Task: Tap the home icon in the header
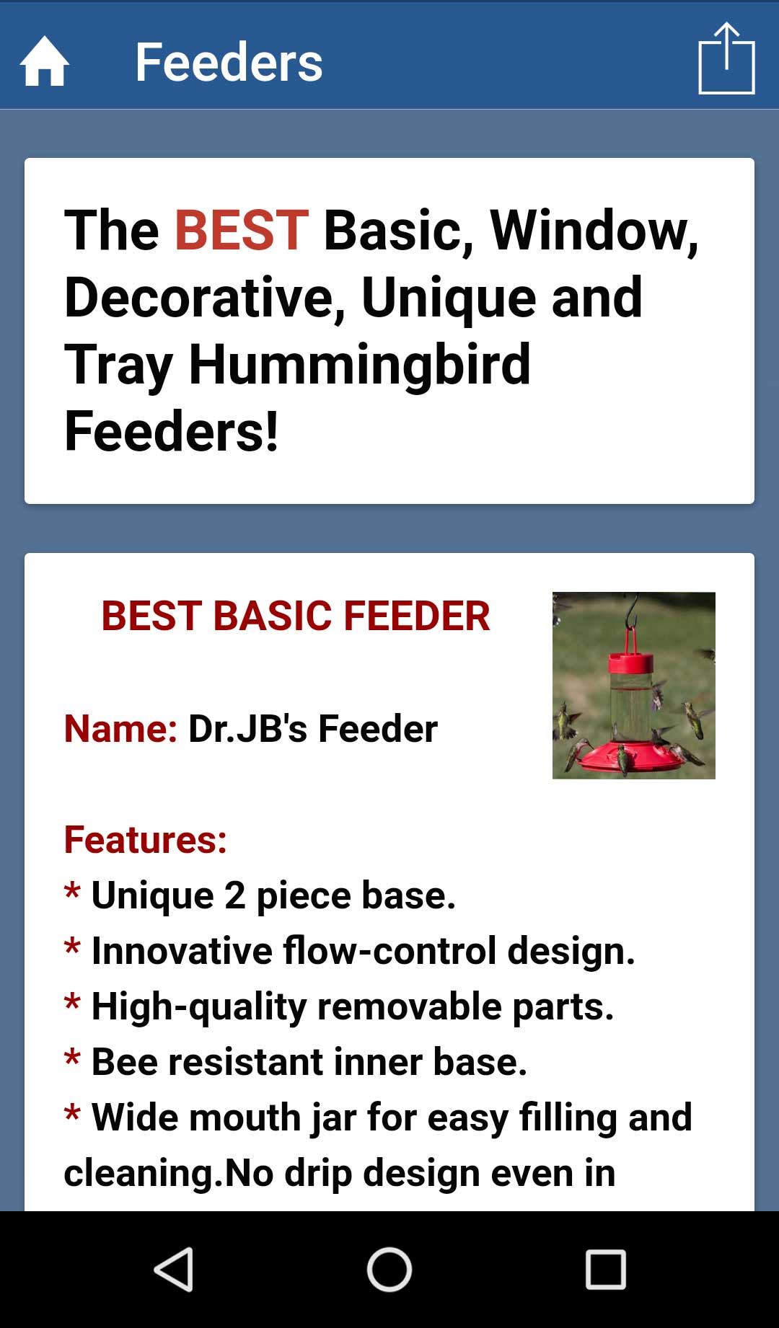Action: point(45,61)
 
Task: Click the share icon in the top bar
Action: point(726,58)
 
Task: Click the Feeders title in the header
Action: point(229,62)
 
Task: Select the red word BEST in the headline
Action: point(242,230)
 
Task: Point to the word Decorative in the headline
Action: point(205,298)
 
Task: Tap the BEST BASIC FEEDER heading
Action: point(296,616)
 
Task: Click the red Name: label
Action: point(120,728)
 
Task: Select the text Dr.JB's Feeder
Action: point(313,728)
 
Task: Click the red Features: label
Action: point(146,840)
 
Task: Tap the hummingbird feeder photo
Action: point(634,686)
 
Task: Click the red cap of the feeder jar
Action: point(630,662)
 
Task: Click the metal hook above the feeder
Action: point(633,611)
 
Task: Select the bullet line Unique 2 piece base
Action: point(260,895)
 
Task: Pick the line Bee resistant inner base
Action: point(296,1062)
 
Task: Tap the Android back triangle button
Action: point(174,1270)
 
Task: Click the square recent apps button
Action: point(605,1270)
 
